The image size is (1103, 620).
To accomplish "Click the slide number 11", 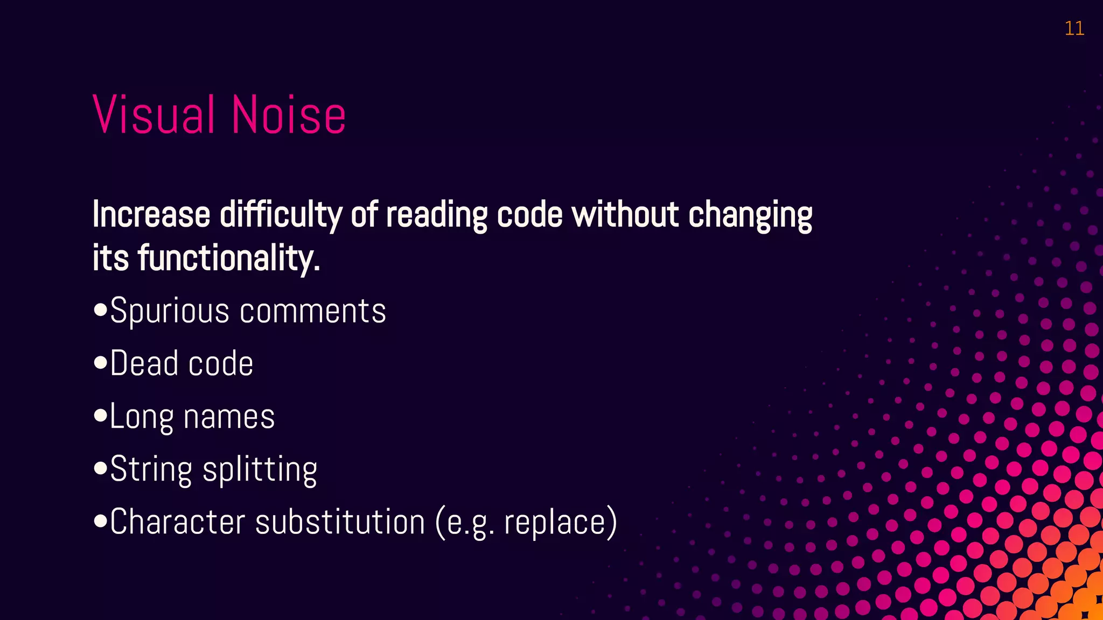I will pyautogui.click(x=1074, y=29).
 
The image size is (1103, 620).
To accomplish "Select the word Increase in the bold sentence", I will pyautogui.click(x=151, y=214).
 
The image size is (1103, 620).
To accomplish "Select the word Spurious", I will pyautogui.click(x=170, y=311).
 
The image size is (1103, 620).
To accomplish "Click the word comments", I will pyautogui.click(x=313, y=311).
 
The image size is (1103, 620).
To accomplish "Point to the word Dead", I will pyautogui.click(x=144, y=363).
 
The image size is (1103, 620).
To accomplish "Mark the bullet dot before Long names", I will pyautogui.click(x=100, y=416).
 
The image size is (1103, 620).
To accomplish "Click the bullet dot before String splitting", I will pyautogui.click(x=100, y=469).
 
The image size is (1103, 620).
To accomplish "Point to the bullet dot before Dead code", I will pyautogui.click(x=100, y=363).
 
